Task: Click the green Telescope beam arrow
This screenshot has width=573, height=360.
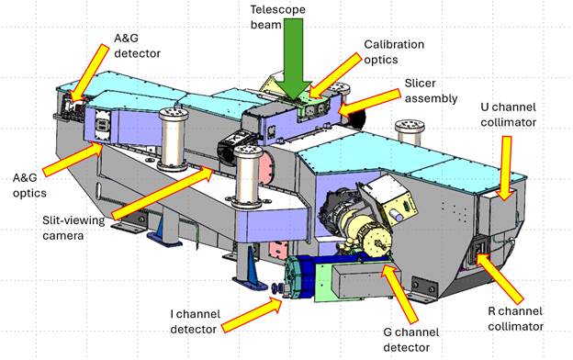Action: pos(293,59)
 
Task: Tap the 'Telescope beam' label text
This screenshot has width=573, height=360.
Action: pos(277,17)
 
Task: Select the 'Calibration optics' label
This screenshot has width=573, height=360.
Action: pos(394,52)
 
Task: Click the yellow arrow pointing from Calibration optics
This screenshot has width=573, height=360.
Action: pos(335,75)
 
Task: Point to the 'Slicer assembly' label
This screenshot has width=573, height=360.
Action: pos(431,91)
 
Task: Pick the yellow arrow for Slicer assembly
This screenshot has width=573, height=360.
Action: pos(369,101)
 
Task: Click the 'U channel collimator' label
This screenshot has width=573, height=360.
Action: pos(509,115)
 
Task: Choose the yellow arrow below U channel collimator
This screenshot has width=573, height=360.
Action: pos(505,168)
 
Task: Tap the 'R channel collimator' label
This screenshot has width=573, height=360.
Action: pos(515,319)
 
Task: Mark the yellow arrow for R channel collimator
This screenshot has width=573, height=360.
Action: pos(500,277)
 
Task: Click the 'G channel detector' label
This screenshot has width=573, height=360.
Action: pos(411,340)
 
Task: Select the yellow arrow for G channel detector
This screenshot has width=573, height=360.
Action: pos(399,294)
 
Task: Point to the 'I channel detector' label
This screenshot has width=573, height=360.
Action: pos(196,321)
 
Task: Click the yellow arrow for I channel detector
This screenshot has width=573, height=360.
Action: pos(253,314)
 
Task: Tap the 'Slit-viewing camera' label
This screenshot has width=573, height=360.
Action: pos(73,228)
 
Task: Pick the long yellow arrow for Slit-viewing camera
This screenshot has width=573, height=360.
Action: pos(163,193)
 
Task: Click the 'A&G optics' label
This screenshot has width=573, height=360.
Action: pos(29,186)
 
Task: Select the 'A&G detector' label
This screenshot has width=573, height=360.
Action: pos(138,46)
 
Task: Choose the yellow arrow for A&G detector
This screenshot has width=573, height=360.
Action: pos(90,73)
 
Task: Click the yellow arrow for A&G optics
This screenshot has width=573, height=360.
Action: pos(73,159)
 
